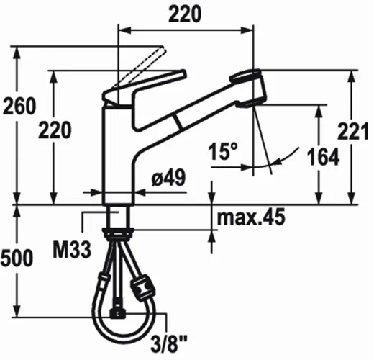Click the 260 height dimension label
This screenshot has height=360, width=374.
point(19,106)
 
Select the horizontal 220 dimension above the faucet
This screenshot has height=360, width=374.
point(185,14)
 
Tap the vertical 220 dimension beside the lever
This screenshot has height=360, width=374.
point(55,130)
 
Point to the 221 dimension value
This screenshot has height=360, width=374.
point(353,131)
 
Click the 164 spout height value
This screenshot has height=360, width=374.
point(323,157)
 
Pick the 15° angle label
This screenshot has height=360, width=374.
point(223,151)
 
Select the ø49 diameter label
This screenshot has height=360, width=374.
point(169,177)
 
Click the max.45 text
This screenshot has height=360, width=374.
point(251,217)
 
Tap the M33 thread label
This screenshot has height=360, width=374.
point(72,250)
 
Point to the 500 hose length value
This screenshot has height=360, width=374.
point(17,258)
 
